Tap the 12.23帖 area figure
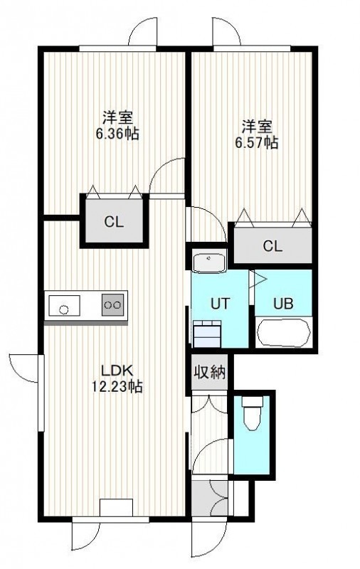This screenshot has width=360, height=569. coord(117,387)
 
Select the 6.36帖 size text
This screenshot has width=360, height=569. coord(117,134)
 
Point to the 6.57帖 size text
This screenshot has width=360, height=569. coord(257,143)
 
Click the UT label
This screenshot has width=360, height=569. coord(221,304)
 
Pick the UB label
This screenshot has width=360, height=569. coord(283,304)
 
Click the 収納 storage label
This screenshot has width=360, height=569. coord(210,372)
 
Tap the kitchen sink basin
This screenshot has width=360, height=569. coord(65,305)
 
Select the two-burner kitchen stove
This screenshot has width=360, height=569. coord(112,305)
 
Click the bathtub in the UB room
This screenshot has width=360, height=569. coord(284,333)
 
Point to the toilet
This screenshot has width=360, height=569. coord(252,413)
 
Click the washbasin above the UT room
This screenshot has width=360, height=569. coord(208,261)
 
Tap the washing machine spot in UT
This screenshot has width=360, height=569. coord(207,333)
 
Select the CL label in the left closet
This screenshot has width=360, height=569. coord(114,222)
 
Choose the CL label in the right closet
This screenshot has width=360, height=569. coord(272,246)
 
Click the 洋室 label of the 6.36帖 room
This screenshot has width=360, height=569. coord(117,117)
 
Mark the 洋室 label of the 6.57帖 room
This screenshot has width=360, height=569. coord(257,127)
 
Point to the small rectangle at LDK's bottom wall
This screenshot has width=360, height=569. coord(116,507)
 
